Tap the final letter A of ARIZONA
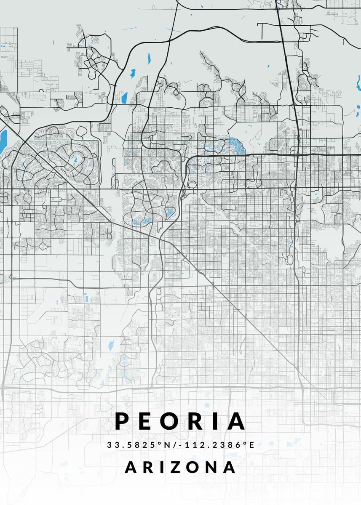point(229,467)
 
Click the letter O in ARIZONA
point(190,467)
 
